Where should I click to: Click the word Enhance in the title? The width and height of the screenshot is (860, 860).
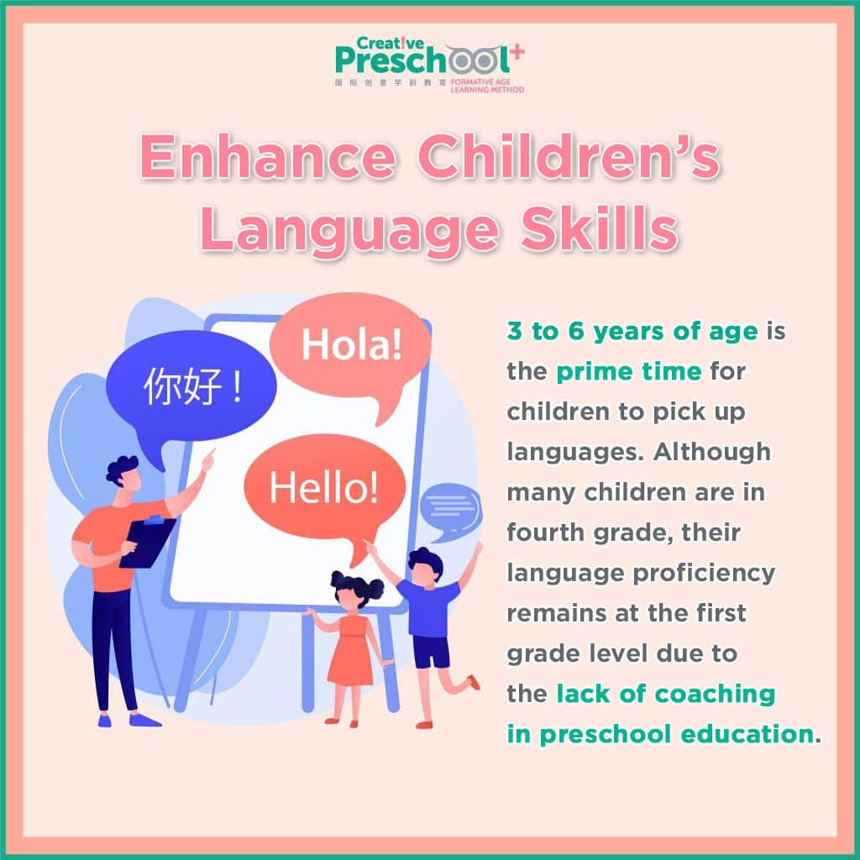pos(268,157)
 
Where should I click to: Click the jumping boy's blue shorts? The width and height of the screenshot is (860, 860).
pos(431,652)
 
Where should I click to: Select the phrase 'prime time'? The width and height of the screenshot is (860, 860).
pos(628,372)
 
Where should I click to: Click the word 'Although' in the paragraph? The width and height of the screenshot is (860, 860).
pos(712,452)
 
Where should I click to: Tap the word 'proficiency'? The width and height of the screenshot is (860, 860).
pos(704,574)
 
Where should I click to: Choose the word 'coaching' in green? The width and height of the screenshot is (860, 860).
pos(716,695)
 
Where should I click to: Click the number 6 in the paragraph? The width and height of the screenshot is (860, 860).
pos(576,331)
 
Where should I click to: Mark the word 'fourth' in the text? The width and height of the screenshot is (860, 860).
pos(545,532)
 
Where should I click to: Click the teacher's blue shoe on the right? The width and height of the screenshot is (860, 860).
pos(144,719)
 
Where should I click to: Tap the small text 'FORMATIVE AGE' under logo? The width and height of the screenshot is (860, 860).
pos(480,81)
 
